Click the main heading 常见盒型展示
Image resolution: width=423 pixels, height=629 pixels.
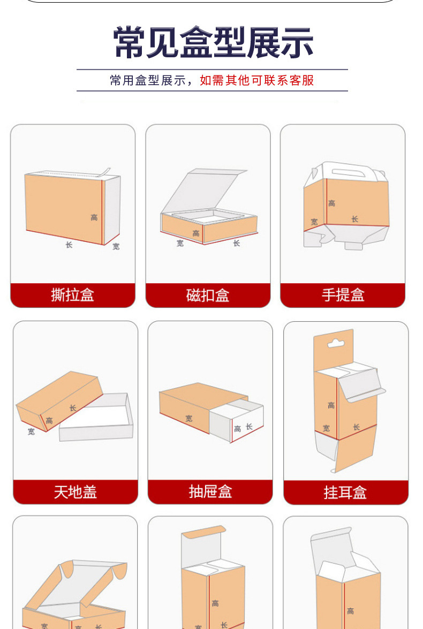(213, 42)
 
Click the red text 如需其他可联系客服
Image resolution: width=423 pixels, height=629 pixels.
(256, 80)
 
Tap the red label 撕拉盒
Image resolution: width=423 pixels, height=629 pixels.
(73, 295)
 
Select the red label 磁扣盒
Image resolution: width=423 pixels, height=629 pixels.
(208, 295)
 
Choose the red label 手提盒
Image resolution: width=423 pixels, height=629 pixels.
(343, 295)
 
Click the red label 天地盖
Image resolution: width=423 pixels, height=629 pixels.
(75, 491)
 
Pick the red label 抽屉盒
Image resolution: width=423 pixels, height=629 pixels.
(210, 491)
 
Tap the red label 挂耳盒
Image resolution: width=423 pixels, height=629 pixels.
(345, 492)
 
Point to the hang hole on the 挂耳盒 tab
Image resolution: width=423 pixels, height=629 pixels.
(335, 343)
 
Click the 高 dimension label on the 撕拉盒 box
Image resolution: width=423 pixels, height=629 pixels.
(94, 217)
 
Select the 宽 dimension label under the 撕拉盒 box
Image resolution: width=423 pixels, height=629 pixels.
(116, 247)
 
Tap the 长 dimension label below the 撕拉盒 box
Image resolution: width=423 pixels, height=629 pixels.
(69, 245)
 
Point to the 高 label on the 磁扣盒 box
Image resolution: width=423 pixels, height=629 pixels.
(196, 233)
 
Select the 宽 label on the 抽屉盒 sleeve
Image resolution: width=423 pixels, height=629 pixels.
(189, 418)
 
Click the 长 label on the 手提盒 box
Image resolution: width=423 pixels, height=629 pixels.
(354, 219)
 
